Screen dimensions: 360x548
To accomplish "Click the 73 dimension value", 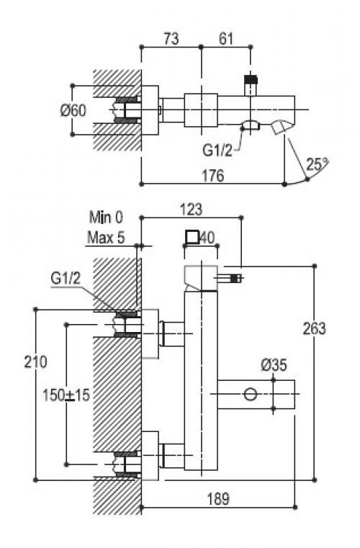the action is [171, 38].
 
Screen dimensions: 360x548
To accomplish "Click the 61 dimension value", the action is [225, 38].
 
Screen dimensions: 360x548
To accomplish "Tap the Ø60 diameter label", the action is [73, 111].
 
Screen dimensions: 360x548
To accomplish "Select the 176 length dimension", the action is [213, 175].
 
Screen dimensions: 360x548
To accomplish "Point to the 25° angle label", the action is [317, 163].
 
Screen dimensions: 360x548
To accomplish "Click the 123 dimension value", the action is [192, 210].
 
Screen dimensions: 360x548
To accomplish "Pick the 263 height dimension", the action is [314, 328].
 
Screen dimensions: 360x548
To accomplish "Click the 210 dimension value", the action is [35, 361].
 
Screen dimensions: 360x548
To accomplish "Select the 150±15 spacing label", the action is [66, 395].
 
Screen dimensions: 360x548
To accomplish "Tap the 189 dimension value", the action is [218, 499].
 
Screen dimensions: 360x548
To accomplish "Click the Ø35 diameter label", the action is [274, 365].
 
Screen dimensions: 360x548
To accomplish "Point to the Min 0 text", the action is [106, 217].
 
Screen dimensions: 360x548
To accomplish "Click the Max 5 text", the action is [106, 238].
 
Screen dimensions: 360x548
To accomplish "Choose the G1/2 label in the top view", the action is [217, 151].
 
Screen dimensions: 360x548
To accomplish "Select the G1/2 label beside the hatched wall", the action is [66, 279].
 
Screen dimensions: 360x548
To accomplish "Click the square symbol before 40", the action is [192, 238].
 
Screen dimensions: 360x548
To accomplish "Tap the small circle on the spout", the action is [251, 395].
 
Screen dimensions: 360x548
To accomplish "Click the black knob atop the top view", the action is [251, 79].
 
